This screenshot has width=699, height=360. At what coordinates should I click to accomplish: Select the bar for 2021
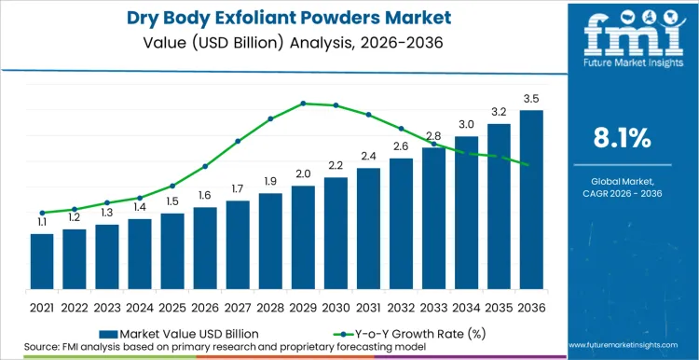42,261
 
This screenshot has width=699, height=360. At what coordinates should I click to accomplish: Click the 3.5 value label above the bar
531,98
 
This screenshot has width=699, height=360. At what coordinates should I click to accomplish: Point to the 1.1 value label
42,222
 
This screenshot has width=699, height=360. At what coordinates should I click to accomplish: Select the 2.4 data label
368,156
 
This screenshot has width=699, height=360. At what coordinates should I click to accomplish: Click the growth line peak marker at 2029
303,104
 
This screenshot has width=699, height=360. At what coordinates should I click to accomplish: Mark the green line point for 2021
42,213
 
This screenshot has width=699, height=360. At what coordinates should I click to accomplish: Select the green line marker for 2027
238,141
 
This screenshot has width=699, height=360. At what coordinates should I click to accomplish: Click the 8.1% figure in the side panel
622,139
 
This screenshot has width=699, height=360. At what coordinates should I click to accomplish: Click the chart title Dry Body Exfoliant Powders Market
280,18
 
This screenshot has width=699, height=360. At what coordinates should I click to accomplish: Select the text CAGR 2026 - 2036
622,192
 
